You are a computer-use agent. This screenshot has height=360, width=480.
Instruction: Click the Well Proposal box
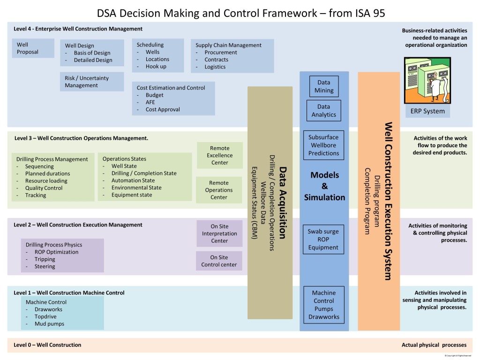[x=32, y=48]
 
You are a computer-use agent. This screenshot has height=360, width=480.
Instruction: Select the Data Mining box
[x=323, y=86]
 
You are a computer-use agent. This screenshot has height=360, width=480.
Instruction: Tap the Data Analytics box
[x=323, y=111]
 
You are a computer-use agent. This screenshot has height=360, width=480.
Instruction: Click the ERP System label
[x=427, y=111]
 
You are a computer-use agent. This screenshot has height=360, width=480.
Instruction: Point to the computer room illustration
[x=427, y=80]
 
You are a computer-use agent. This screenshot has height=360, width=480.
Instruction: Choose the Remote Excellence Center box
[x=219, y=155]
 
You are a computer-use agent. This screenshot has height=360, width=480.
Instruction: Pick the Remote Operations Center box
[x=218, y=190]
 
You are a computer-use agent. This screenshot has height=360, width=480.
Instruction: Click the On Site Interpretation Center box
[x=219, y=233]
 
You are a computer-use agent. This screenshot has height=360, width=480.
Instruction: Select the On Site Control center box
[x=219, y=261]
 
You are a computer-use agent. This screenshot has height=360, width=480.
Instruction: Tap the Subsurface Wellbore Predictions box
[x=323, y=145]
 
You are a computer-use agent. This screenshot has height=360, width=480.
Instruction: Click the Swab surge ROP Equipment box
[x=323, y=240]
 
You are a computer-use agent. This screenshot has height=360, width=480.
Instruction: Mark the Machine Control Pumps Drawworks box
[x=323, y=305]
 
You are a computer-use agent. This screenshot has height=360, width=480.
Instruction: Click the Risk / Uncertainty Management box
[x=92, y=82]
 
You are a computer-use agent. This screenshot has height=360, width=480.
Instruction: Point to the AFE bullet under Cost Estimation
[x=150, y=102]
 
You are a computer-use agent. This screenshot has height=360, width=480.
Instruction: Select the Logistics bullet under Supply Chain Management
[x=215, y=67]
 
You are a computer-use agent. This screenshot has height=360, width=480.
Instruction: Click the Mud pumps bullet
[x=49, y=324]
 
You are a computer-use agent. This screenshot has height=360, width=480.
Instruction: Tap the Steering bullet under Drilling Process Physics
[x=45, y=266]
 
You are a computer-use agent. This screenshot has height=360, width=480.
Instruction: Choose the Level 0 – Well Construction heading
[x=47, y=345]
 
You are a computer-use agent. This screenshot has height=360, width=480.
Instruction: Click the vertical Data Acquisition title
[x=282, y=202]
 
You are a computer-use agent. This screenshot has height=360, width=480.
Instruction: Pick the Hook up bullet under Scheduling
[x=156, y=67]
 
